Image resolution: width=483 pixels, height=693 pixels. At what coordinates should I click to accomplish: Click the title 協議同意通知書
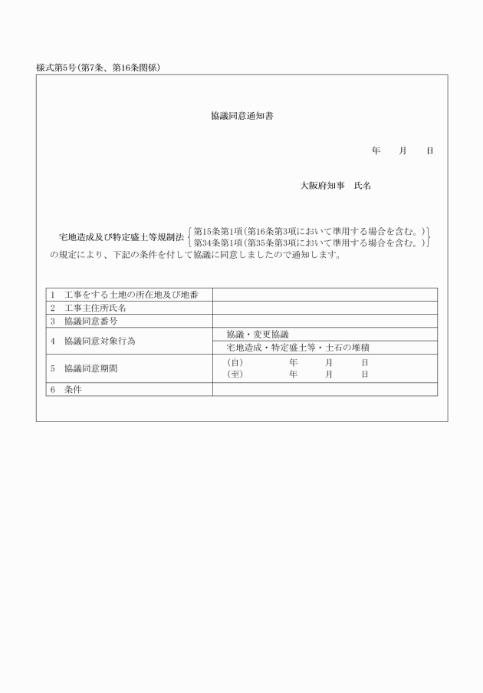pos(242,117)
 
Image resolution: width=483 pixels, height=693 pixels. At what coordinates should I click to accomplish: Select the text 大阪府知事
pos(322,186)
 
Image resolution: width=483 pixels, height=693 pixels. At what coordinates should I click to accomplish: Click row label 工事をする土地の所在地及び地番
pos(131,295)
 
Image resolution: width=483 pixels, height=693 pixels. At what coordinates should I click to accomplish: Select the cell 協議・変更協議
pos(258,334)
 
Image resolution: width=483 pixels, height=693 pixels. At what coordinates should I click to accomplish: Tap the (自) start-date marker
pos(235,361)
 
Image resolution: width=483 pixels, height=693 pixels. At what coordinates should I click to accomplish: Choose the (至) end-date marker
pos(235,375)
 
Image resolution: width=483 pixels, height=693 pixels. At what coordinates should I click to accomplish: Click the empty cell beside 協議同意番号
pos(324,321)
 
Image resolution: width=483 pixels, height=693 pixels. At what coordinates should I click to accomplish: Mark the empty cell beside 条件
pos(324,389)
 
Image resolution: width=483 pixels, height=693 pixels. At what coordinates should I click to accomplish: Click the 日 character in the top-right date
pos(429,150)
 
